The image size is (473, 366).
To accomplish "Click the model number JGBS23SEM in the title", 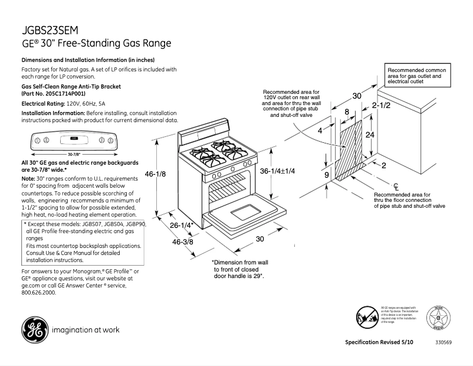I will click(50, 30).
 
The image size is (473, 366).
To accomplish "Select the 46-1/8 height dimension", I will click(155, 174).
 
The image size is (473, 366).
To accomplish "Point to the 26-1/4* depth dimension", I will click(182, 226).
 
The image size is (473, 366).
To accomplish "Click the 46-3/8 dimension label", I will click(184, 243).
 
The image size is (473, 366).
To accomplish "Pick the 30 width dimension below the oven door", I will click(259, 239).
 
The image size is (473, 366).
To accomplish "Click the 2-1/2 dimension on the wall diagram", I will click(382, 105).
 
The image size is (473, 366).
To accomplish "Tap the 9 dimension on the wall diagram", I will click(326, 175).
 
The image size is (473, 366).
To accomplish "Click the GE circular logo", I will click(34, 329).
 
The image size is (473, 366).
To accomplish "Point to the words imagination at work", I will click(86, 330).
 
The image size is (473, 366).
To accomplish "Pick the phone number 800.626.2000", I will click(39, 293).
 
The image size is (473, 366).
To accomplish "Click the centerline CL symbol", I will click(396, 187).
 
